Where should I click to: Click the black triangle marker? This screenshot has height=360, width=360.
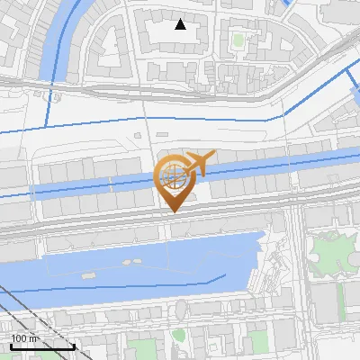click(181, 24)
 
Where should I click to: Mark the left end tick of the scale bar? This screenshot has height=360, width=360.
click(11, 346)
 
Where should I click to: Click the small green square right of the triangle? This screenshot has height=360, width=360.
click(238, 40)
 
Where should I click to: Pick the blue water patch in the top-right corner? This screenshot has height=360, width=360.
click(288, 4)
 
